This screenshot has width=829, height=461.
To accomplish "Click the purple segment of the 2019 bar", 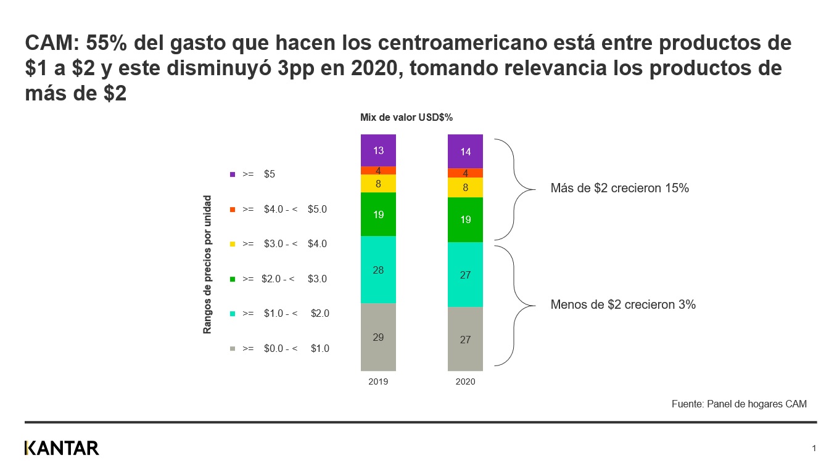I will point(378,150).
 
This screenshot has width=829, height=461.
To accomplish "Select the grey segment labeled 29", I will point(378,337).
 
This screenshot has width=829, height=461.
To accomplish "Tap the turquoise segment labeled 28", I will point(378,269).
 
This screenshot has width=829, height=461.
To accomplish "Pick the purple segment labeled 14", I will point(465,151).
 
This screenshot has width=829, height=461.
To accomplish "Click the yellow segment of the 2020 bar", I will point(465,187).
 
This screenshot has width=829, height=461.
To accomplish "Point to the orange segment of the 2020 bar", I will point(465,173).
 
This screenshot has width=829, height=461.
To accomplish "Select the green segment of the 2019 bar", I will point(378,214).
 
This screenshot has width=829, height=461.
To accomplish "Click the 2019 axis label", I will point(378,382).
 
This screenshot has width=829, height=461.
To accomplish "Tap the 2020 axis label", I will point(465,382).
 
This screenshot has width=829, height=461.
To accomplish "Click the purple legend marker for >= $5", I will point(233,174).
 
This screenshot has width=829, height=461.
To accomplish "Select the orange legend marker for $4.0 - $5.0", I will point(233,210).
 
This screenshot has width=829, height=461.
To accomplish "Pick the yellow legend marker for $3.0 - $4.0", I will point(233,244).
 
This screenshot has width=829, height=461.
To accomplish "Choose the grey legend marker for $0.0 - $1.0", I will point(233,349).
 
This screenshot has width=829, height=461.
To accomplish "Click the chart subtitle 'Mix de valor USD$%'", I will point(406,118).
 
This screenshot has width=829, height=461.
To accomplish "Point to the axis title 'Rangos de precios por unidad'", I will point(208,264).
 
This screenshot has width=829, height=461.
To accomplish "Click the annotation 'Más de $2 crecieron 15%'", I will point(619,189).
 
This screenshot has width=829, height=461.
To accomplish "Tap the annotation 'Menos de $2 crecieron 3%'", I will point(623,304).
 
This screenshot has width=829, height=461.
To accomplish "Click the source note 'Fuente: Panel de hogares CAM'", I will point(739,404).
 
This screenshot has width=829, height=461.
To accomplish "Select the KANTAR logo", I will point(62,448).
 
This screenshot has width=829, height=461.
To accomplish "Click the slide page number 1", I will point(814,447).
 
